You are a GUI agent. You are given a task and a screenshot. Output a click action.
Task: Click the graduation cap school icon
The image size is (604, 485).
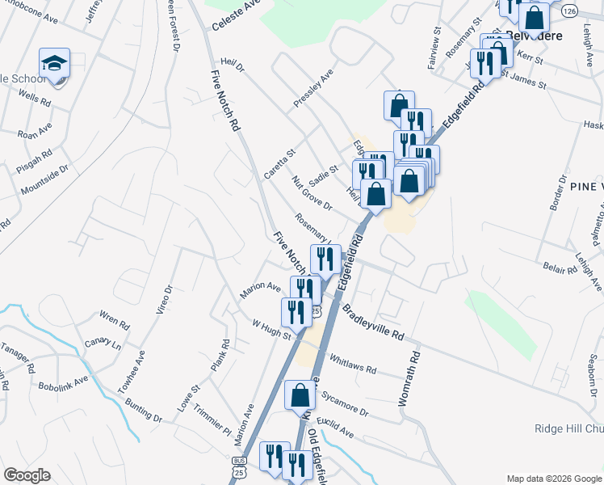click(55, 63)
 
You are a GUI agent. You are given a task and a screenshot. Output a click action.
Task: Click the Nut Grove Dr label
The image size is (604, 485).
click(312, 193)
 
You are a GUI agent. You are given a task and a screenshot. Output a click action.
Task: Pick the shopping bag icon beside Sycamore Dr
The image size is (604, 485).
click(300, 397)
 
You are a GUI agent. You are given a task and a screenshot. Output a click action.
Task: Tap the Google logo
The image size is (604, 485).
click(27, 475)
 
